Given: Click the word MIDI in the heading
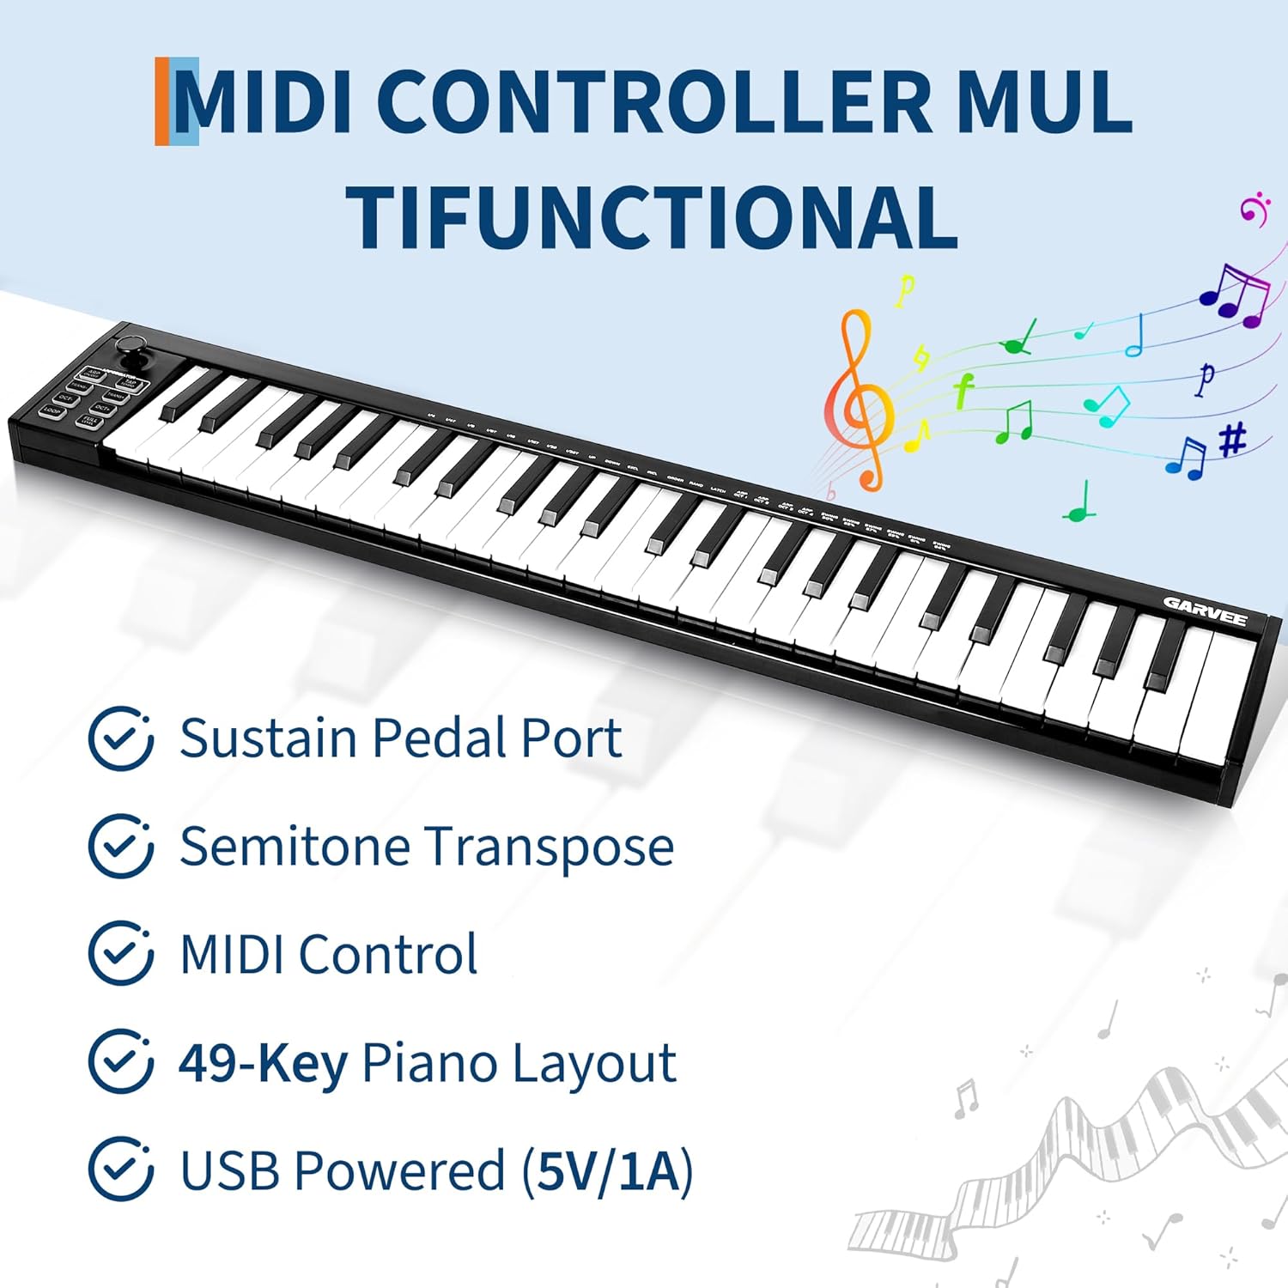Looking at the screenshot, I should point(263,102).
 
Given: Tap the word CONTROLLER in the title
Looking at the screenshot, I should point(653,102).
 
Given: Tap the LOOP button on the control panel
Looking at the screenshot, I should point(53,412).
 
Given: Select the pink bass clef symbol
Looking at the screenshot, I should point(1254,209).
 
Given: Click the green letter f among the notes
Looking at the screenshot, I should point(963,391).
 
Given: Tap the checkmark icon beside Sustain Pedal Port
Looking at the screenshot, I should point(121,738).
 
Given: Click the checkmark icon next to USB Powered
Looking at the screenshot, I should point(121,1169).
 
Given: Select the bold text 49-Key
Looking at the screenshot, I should point(263,1063).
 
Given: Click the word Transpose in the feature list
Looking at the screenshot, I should point(550,848).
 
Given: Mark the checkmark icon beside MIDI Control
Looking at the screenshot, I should point(121,953).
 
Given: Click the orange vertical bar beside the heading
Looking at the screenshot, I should point(161,101).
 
